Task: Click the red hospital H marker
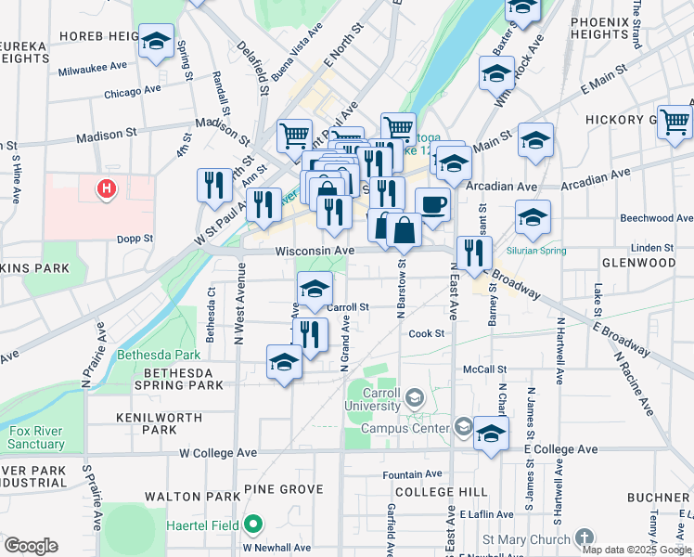(108, 189)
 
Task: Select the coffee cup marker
(432, 205)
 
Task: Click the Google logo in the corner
(31, 545)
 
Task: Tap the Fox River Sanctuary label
(37, 437)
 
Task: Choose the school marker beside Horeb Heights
(156, 42)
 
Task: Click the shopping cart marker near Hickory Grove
(675, 121)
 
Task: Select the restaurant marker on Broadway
(474, 253)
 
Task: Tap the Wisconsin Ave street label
(315, 252)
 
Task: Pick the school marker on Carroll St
(315, 289)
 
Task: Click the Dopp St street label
(135, 239)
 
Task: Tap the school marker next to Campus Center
(491, 433)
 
